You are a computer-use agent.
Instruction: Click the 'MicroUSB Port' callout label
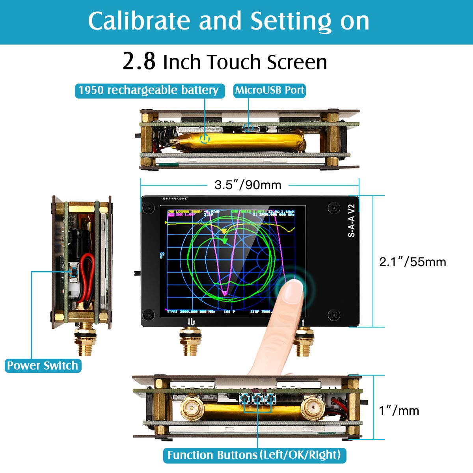pyautogui.click(x=270, y=90)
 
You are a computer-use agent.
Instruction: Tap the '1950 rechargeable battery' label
pyautogui.click(x=149, y=90)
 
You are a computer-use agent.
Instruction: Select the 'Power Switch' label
pyautogui.click(x=43, y=365)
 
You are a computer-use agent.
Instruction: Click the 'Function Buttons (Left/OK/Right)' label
pyautogui.click(x=254, y=455)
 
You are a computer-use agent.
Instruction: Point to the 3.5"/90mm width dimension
pyautogui.click(x=248, y=185)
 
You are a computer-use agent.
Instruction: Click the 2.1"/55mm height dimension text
pyautogui.click(x=412, y=262)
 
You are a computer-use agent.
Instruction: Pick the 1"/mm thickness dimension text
pyautogui.click(x=399, y=411)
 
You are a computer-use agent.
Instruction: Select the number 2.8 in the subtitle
pyautogui.click(x=139, y=62)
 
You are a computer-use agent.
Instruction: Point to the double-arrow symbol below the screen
pyautogui.click(x=191, y=322)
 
